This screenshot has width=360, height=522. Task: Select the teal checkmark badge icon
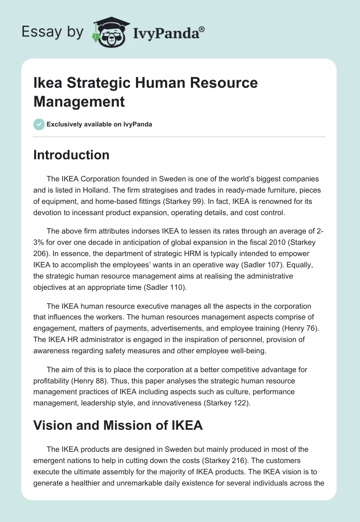tap(39, 124)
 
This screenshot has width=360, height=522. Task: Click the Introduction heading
tap(72, 155)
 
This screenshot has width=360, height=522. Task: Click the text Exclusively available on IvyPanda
tap(100, 124)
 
